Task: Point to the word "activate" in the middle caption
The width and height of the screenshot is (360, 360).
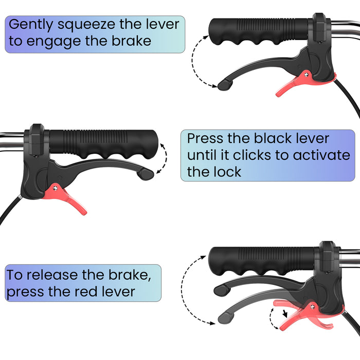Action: point(321,155)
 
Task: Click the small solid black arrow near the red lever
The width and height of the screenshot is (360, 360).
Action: point(285,313)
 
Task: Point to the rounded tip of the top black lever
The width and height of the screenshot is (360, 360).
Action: point(225,85)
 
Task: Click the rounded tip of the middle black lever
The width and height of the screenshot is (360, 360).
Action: point(146,174)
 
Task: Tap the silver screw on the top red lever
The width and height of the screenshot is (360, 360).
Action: point(306,74)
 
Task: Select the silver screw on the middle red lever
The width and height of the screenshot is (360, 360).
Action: point(55,188)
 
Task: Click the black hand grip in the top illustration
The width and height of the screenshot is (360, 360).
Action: point(259,31)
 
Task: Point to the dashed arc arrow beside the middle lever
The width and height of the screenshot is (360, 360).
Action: point(166,158)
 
